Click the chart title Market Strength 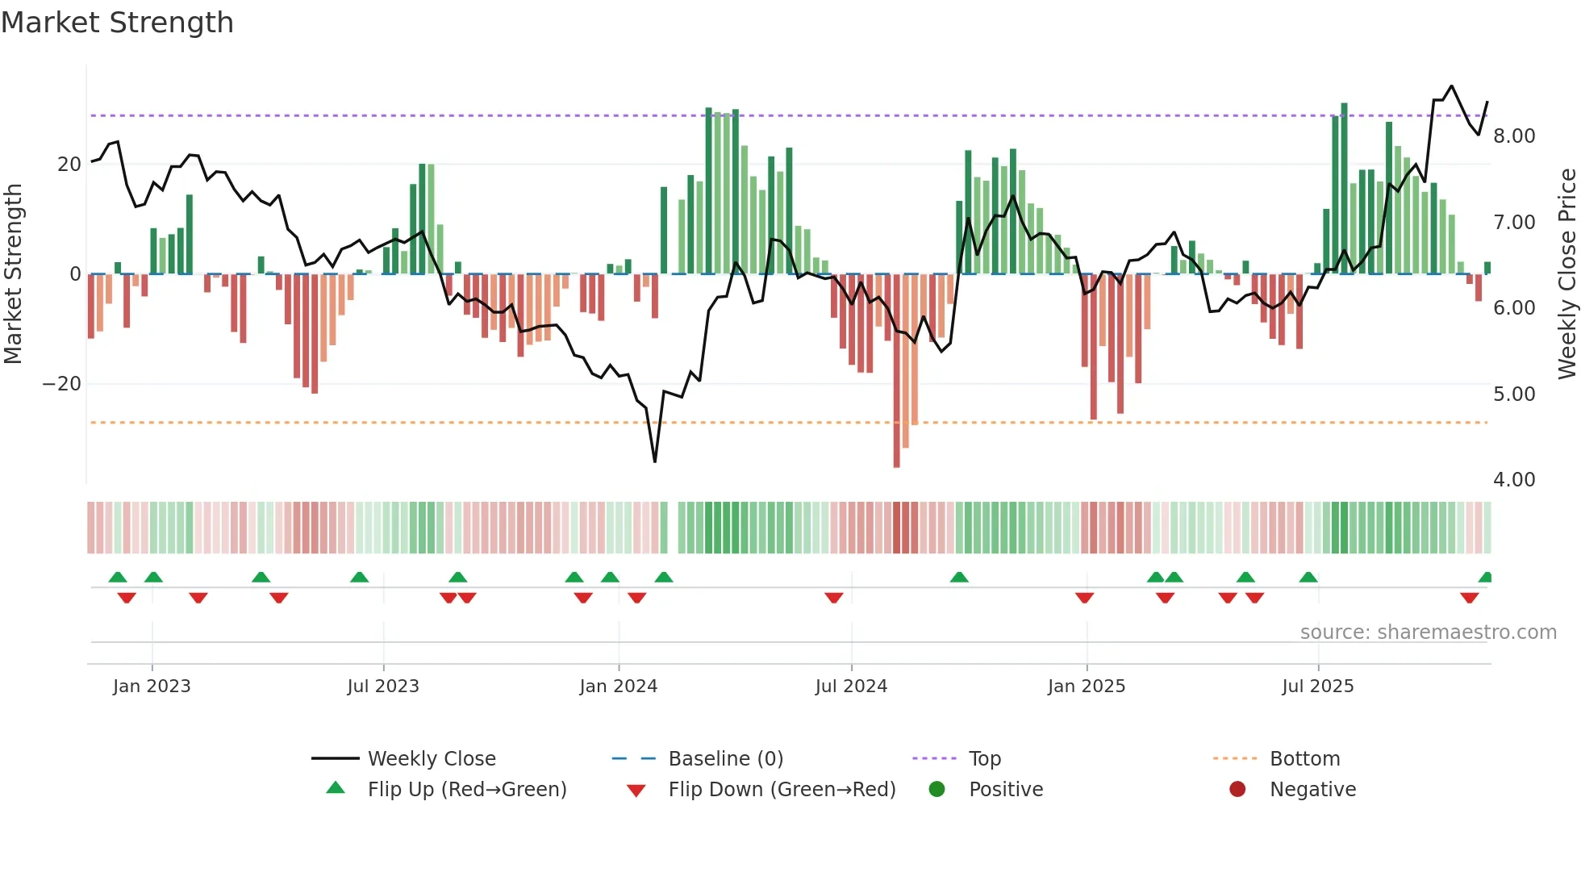[x=117, y=23]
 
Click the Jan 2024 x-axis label [x=618, y=687]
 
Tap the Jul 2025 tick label [x=1317, y=687]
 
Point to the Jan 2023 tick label [x=152, y=687]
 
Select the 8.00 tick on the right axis [x=1513, y=136]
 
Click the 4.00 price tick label [x=1513, y=480]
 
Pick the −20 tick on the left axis [x=62, y=384]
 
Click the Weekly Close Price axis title [x=1566, y=274]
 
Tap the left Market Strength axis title [x=13, y=274]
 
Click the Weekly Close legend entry [x=431, y=759]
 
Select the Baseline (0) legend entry [x=725, y=759]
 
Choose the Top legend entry [x=984, y=759]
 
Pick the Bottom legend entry [x=1304, y=759]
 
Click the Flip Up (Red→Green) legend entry [x=466, y=790]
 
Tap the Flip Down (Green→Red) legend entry [x=781, y=790]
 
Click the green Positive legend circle [x=937, y=790]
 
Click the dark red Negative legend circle [x=1237, y=790]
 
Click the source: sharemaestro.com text [x=1428, y=632]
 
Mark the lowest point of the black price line [x=654, y=461]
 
